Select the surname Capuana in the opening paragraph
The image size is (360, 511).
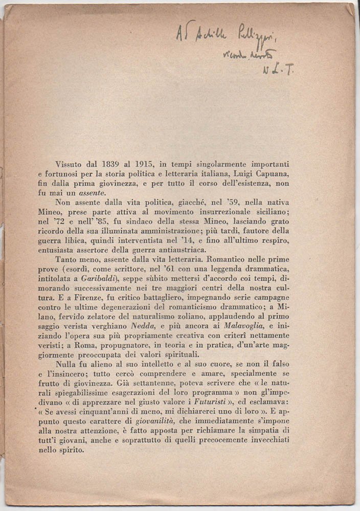(x=269, y=174)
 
